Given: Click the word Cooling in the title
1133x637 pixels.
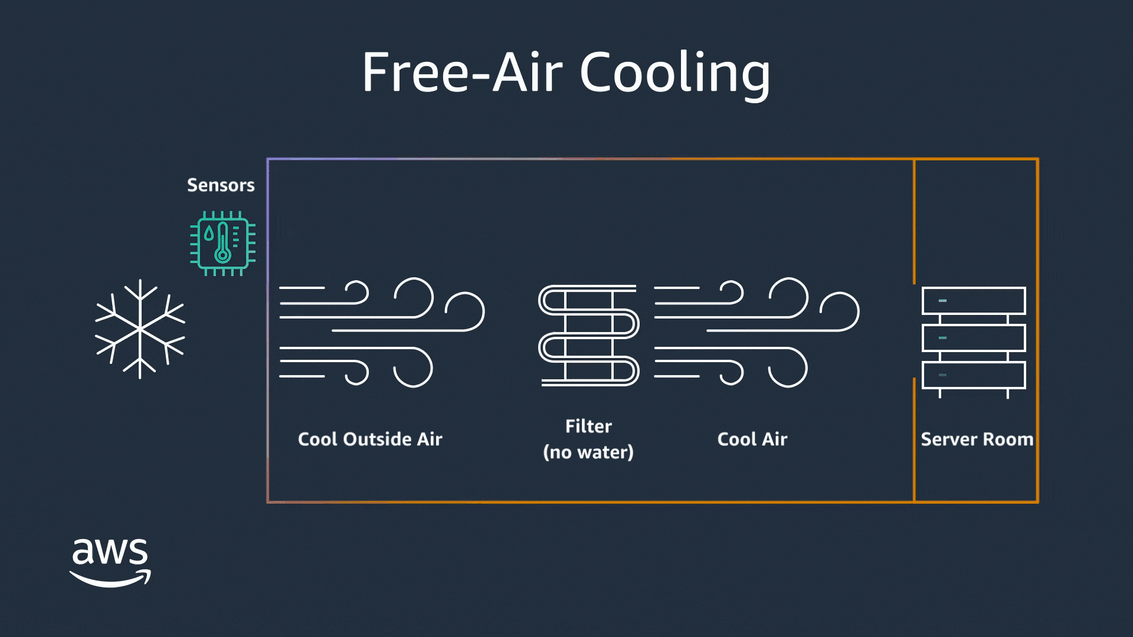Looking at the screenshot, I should click(x=675, y=73).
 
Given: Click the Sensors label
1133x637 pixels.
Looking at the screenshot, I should click(x=221, y=185).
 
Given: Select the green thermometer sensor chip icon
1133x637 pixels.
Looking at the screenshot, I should click(x=222, y=243).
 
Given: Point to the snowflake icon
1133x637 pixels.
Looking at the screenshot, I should click(x=140, y=329).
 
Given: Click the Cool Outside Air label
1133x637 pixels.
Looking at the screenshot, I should click(x=370, y=439).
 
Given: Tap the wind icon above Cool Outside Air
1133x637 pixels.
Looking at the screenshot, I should click(x=381, y=332).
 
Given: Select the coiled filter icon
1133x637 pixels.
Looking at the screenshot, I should click(x=588, y=335).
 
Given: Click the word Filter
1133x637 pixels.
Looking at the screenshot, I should click(x=588, y=426).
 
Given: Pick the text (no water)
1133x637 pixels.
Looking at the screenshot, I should click(x=588, y=452).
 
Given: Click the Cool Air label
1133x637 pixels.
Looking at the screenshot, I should click(x=752, y=439).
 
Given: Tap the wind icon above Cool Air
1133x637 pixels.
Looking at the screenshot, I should click(x=756, y=332).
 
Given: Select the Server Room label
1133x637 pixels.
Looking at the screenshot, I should click(x=977, y=439).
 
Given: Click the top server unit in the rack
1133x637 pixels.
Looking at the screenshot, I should click(x=974, y=301).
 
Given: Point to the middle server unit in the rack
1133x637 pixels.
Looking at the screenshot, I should click(x=974, y=338).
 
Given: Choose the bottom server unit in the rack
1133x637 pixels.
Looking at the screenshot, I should click(x=974, y=375).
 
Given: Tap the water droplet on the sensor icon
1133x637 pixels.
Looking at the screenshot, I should click(x=209, y=234).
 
